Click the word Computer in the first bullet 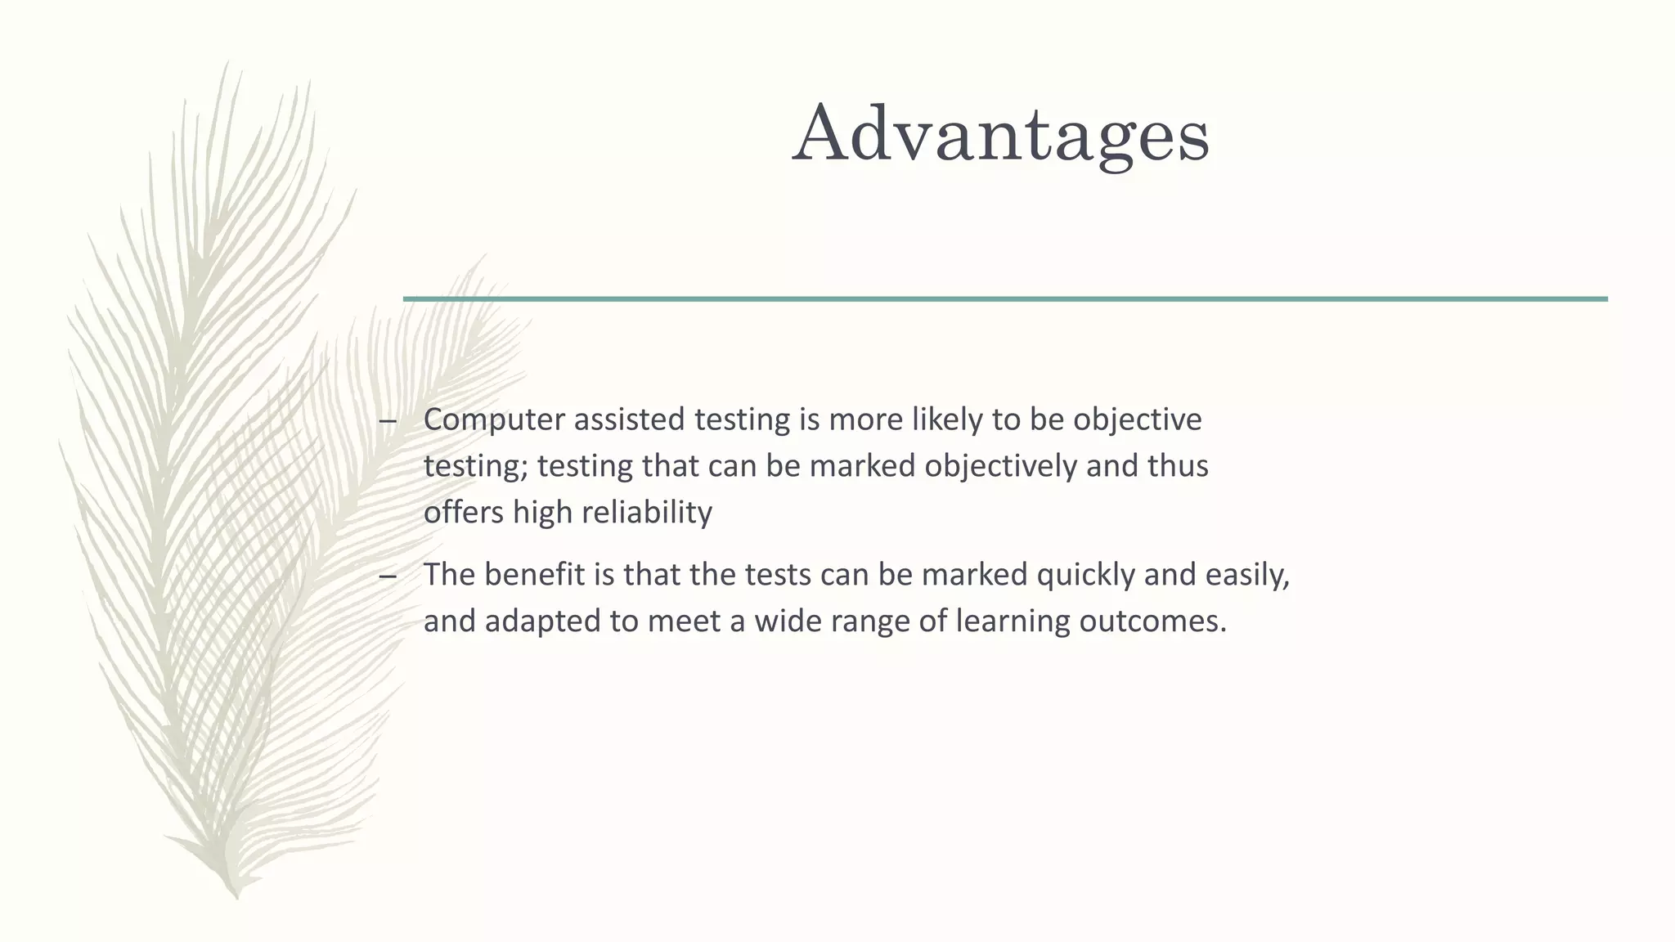coord(494,419)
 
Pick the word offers coord(464,513)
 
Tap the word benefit coord(535,575)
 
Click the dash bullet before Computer coord(388,422)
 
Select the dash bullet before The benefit coord(388,577)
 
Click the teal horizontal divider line coord(1005,299)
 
